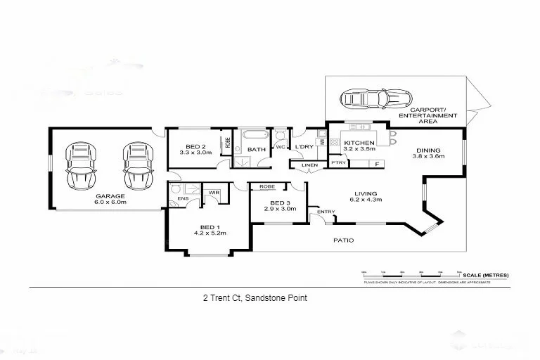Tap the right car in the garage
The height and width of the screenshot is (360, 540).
(x=137, y=166)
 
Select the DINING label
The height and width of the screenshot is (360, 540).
(x=427, y=150)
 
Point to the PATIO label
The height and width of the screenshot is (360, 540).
(x=343, y=240)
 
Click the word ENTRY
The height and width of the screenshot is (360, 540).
(x=326, y=212)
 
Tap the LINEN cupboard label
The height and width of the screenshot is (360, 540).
(x=309, y=165)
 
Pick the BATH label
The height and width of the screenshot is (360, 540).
(x=257, y=149)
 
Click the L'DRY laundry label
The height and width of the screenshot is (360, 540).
(x=303, y=146)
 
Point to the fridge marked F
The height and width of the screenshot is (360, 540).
(x=378, y=164)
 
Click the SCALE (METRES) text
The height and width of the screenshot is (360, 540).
(x=485, y=274)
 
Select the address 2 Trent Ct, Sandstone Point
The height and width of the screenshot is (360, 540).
(x=255, y=298)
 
